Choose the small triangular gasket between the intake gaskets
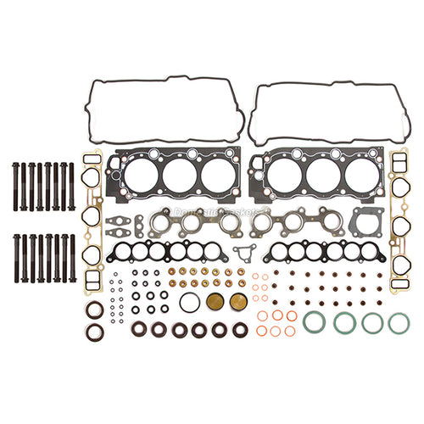pyautogui.click(x=245, y=252)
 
